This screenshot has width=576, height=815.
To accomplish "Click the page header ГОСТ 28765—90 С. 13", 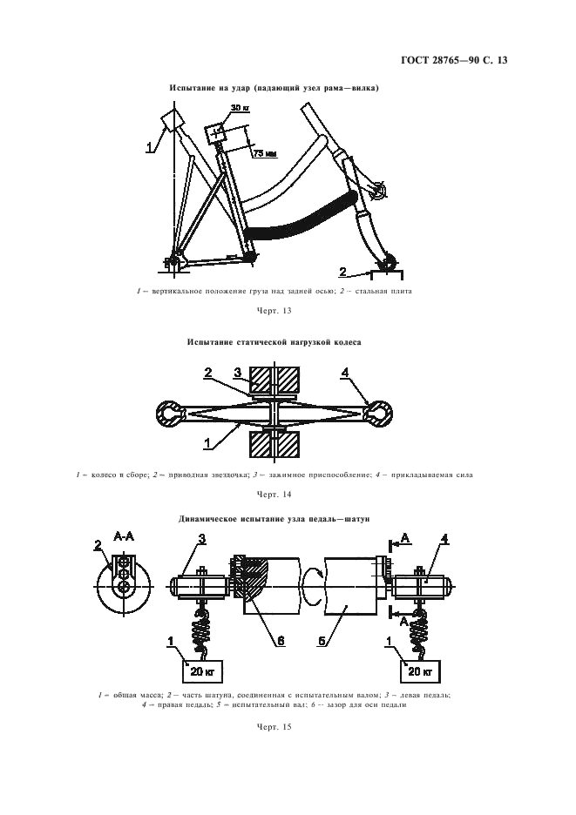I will coord(467,60).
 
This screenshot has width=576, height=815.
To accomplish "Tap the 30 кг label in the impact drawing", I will coord(240,108).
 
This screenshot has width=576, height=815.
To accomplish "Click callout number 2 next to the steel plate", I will coord(343,270).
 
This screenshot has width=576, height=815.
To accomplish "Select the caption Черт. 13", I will coord(274,310).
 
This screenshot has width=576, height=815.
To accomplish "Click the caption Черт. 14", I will coord(274,494).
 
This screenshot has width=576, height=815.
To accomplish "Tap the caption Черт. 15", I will coord(274,726).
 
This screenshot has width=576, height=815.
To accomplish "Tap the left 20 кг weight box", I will coord(203,671).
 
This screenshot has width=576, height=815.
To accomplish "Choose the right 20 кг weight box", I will coord(420,671).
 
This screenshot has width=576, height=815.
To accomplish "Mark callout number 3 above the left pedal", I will coord(201,540).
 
